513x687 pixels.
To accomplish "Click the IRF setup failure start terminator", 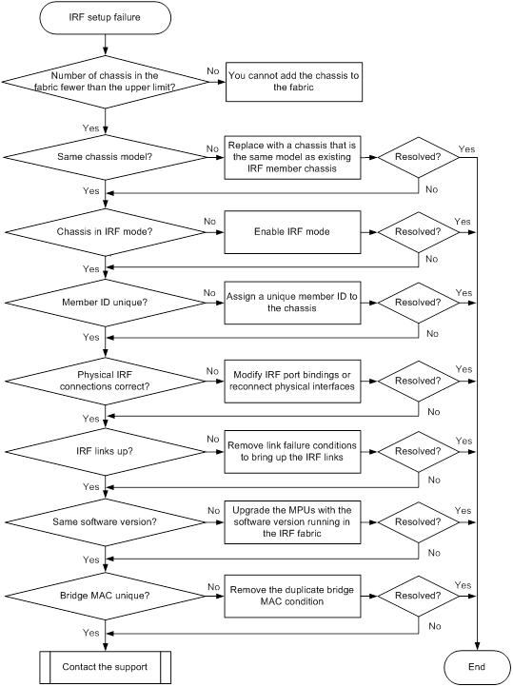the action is click(105, 17).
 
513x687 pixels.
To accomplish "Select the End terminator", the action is click(477, 667).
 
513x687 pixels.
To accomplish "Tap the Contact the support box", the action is click(105, 667).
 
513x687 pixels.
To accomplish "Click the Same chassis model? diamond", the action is click(105, 157).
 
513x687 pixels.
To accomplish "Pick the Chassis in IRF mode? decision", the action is click(105, 232).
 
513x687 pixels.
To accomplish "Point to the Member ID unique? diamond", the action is click(105, 303).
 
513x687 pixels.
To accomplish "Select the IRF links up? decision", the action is click(105, 451).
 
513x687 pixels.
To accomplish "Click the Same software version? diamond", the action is click(105, 521).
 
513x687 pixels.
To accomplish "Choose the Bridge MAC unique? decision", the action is click(105, 596).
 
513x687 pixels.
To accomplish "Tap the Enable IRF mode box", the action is click(292, 232).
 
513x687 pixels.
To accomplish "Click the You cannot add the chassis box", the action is click(294, 82).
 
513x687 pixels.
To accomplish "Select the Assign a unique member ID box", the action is click(292, 303).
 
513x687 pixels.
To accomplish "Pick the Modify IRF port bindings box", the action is click(292, 382).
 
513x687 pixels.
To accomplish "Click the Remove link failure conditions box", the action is click(292, 452).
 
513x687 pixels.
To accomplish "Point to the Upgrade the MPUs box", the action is click(292, 522).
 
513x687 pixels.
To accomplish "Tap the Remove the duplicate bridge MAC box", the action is click(292, 597).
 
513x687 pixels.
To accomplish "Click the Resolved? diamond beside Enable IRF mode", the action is click(419, 232).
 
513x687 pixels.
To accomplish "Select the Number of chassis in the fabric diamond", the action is click(105, 82).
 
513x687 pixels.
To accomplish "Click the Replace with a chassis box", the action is click(292, 157).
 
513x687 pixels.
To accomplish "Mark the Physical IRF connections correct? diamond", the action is click(105, 381).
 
